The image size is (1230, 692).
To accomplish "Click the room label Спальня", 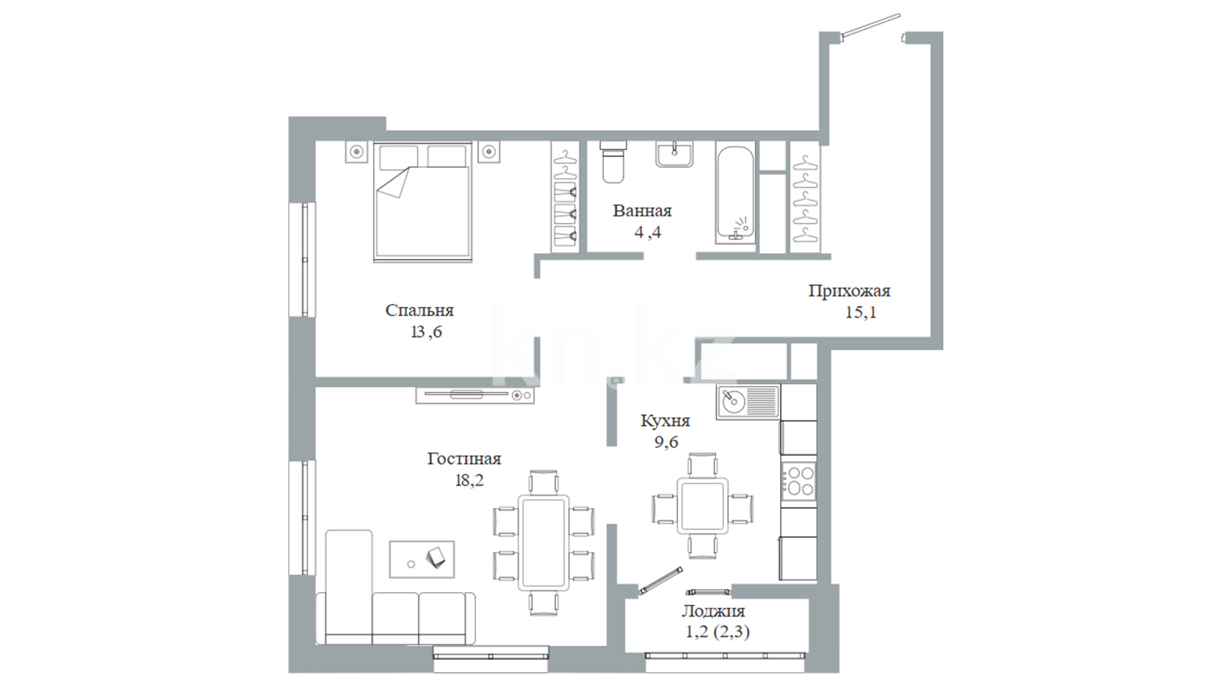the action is (x=419, y=311).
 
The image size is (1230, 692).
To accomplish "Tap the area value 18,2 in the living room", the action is (x=469, y=481).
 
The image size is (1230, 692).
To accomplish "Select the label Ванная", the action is (x=642, y=211).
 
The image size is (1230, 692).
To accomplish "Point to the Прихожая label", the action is (x=849, y=292).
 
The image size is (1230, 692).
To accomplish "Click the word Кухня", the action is (x=665, y=421).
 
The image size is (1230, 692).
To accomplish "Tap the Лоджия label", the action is (x=713, y=611).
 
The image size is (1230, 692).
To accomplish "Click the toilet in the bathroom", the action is (x=613, y=162).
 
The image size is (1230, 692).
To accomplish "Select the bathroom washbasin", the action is (x=674, y=154).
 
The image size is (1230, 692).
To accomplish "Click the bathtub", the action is (x=736, y=193).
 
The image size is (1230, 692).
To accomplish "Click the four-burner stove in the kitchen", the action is (x=798, y=481).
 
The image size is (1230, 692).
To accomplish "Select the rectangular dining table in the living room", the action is (x=543, y=543).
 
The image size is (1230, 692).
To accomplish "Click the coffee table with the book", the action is (x=422, y=559).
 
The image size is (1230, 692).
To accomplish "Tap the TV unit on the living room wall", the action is (x=475, y=395).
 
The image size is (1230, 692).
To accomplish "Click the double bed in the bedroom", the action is (x=423, y=202).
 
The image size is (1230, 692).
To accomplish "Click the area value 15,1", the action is (x=861, y=313).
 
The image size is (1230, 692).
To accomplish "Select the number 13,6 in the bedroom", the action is (x=426, y=333).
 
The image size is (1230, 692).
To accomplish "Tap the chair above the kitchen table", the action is (x=703, y=465).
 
